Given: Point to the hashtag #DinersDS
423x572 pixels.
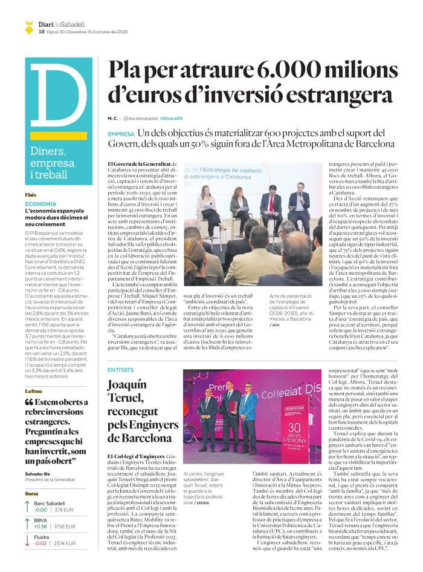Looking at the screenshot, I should coord(171,117).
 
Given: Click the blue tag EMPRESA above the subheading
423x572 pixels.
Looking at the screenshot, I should coord(121,134).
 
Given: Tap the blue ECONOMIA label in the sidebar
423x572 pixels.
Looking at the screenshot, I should coord(40,204).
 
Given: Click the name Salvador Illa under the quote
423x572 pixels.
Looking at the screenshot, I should coord(38,473).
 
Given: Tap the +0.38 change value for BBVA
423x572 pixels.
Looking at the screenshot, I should coord(41,526).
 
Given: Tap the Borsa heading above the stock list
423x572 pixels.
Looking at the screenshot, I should coord(31,493).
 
